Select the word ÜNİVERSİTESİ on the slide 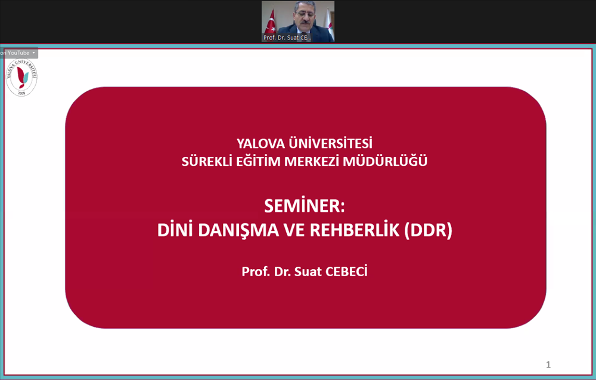330,143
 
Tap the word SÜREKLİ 207,160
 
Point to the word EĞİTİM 258,160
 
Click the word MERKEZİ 311,160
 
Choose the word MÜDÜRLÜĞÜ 385,160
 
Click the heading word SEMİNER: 305,205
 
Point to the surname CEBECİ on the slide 347,271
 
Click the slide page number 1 548,364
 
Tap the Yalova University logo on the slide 21,77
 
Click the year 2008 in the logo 21,93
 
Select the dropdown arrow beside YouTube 33,53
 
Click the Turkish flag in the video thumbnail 271,23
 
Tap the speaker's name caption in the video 287,38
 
